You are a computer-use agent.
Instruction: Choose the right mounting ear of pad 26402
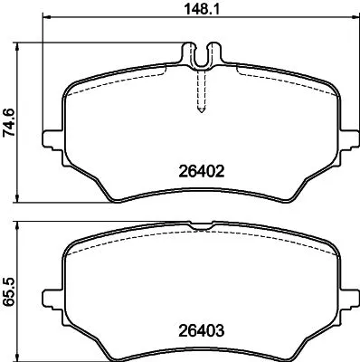(349, 139)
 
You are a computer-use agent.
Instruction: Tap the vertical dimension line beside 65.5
(23, 291)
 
